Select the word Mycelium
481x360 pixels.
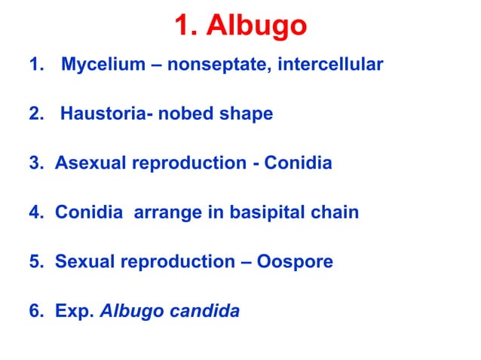tap(102, 66)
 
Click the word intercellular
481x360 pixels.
tap(331, 66)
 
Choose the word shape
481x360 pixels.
tap(245, 115)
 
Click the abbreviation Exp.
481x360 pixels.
tap(75, 311)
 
